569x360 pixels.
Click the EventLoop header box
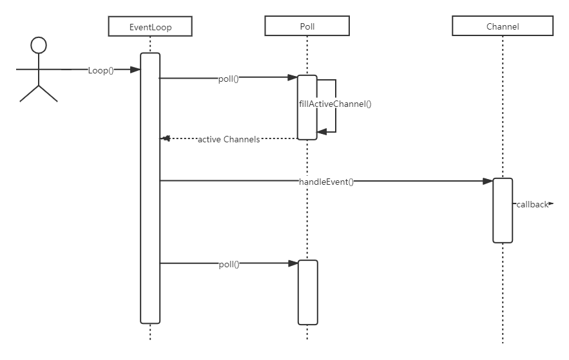coord(151,26)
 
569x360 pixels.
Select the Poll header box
coord(307,26)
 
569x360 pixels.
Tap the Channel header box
coord(503,26)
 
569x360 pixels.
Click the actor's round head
coord(39,45)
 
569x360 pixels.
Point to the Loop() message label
coord(101,70)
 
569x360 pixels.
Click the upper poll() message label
coord(229,79)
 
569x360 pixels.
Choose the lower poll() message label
coord(229,263)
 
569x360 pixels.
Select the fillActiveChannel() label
coord(336,104)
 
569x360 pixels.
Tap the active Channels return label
coord(229,139)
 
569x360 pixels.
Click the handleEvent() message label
coord(326,182)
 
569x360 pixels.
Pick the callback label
coord(532,205)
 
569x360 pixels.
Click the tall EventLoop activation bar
coord(150,187)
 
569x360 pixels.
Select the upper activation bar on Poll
coord(307,107)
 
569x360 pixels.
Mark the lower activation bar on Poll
coord(307,292)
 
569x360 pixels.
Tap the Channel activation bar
coord(503,210)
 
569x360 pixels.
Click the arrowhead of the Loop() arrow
coord(136,70)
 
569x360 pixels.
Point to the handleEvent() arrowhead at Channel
coord(488,182)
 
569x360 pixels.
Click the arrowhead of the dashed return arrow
coord(165,138)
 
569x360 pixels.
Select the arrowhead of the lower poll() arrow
coord(293,263)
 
